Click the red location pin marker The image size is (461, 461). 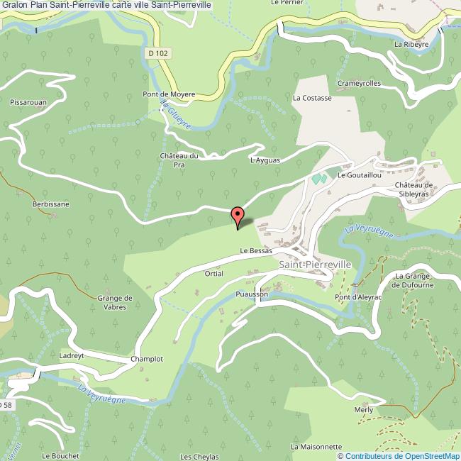coord(238,215)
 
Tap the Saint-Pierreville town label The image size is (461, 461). coord(315,264)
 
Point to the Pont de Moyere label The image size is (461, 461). coord(169,94)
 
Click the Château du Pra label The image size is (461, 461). coord(179,160)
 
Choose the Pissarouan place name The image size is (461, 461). coord(28,102)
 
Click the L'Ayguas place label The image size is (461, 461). coord(265,160)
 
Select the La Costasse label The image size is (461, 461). coord(312,98)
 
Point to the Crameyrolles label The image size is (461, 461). coord(359,83)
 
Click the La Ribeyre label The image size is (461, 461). coord(412,44)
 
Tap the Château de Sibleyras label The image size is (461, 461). coord(413,189)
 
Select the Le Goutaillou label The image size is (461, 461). coord(360,174)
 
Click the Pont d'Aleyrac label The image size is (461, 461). coord(359,296)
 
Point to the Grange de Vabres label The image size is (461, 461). coord(116,302)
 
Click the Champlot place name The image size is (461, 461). coord(147,359)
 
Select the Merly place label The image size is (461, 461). coord(364,410)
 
